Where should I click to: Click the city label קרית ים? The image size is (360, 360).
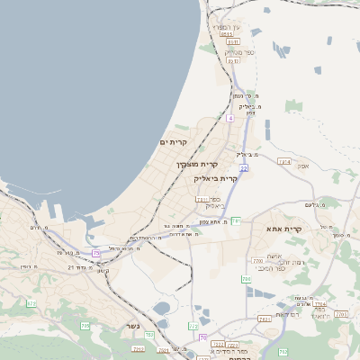click(x=174, y=142)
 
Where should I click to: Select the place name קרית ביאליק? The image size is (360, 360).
click(x=217, y=178)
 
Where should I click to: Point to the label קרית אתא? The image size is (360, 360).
click(x=310, y=229)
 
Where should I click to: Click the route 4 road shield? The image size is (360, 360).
click(x=229, y=118)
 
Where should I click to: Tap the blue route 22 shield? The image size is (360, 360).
click(x=243, y=167)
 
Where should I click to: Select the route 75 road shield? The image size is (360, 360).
click(x=95, y=254)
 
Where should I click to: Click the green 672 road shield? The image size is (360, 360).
click(x=31, y=304)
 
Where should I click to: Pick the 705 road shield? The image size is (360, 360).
click(x=85, y=325)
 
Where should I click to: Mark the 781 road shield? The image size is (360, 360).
click(x=236, y=220)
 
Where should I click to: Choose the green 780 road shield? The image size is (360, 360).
click(x=247, y=280)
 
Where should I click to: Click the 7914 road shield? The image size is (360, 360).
click(x=285, y=162)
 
